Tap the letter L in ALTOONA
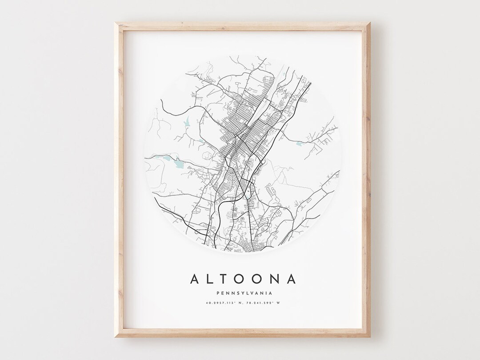[x=211, y=279]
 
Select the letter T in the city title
[x=225, y=279]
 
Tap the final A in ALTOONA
[x=291, y=279]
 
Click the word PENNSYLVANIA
[x=243, y=293]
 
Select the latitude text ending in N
[x=221, y=304]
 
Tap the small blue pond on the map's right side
[x=299, y=143]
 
